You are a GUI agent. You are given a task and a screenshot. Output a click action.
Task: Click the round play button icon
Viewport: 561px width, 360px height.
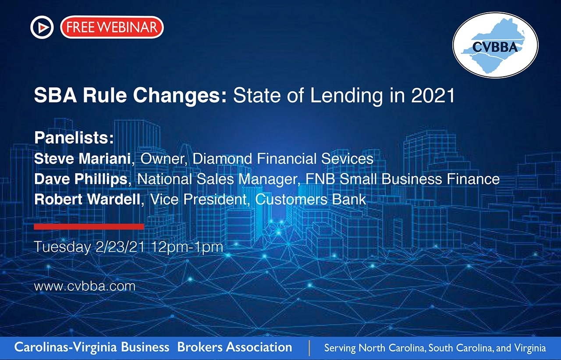coord(42,27)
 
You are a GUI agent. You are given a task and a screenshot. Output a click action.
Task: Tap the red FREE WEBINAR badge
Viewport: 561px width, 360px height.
coord(112,27)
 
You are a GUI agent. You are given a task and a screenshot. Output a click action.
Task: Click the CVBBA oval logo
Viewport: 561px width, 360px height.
coord(495,45)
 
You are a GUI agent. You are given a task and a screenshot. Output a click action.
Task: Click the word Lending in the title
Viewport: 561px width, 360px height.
coord(346,96)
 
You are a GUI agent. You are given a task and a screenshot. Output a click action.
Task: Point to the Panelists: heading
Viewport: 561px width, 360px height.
coord(74,138)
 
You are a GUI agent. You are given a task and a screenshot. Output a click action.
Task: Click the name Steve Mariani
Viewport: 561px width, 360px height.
coord(82,159)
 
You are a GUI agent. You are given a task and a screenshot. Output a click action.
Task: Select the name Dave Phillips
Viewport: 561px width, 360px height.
coord(81,179)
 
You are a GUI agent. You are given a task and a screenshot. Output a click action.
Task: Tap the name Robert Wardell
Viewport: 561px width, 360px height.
coord(87,200)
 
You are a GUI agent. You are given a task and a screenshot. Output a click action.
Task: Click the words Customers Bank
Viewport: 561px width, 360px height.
coord(311,200)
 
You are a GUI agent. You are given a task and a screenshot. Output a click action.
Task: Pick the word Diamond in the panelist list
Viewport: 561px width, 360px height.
coord(222,159)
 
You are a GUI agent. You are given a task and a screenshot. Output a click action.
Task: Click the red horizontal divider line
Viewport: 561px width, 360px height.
coord(89,226)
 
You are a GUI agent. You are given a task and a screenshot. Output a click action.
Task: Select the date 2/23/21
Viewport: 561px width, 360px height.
coord(121,247)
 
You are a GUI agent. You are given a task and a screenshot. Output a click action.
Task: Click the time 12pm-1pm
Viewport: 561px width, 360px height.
coord(187,247)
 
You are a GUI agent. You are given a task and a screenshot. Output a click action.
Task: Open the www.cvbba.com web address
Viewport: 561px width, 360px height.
coord(85,286)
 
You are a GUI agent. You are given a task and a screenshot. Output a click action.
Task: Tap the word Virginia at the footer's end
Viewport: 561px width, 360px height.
coord(530,348)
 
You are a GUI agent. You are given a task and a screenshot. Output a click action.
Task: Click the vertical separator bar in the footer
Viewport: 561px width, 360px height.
coord(309,348)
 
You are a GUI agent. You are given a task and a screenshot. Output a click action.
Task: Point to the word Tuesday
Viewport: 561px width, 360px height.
coord(62,247)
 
